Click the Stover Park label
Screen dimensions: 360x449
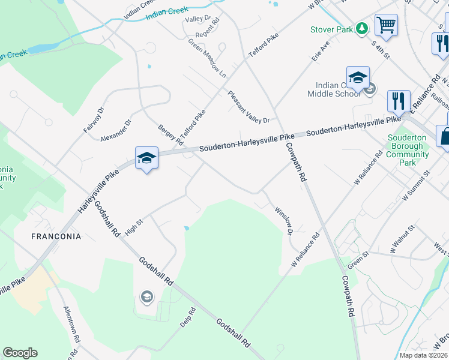pos(332,29)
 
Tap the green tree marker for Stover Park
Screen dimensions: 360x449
pos(361,28)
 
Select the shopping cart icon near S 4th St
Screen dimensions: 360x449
pos(387,25)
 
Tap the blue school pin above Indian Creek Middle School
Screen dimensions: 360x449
pos(358,78)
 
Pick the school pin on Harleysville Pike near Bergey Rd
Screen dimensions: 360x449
pos(146,158)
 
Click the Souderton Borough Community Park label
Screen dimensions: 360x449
pos(408,150)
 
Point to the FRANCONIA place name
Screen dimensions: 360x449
pos(56,236)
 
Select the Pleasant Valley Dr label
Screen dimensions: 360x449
pos(249,107)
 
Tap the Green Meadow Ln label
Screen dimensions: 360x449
pos(207,59)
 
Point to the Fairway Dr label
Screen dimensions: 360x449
pos(93,119)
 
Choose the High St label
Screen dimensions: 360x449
pos(133,227)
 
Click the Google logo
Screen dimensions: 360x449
pos(20,353)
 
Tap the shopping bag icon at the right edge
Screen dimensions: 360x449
pos(444,136)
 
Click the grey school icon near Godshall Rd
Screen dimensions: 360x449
pos(146,296)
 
